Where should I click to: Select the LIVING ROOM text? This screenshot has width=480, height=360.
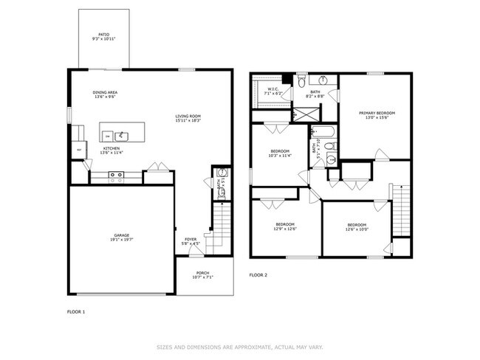pos(188,116)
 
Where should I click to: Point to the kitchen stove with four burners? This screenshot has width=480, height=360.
pos(116,176)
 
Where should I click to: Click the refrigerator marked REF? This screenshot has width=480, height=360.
pos(78,150)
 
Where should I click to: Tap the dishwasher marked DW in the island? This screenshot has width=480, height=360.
pos(108,136)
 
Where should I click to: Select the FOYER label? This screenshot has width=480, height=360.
pos(191,239)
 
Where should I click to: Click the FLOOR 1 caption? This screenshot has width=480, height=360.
pos(75,312)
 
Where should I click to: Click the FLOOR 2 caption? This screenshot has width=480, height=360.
pos(258,275)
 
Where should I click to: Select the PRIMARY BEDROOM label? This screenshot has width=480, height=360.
pos(377,113)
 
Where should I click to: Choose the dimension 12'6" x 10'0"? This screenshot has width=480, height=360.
pos(357,228)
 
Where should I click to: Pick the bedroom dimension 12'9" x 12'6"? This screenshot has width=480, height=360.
pos(286,228)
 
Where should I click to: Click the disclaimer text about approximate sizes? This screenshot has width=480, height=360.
pos(240,345)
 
